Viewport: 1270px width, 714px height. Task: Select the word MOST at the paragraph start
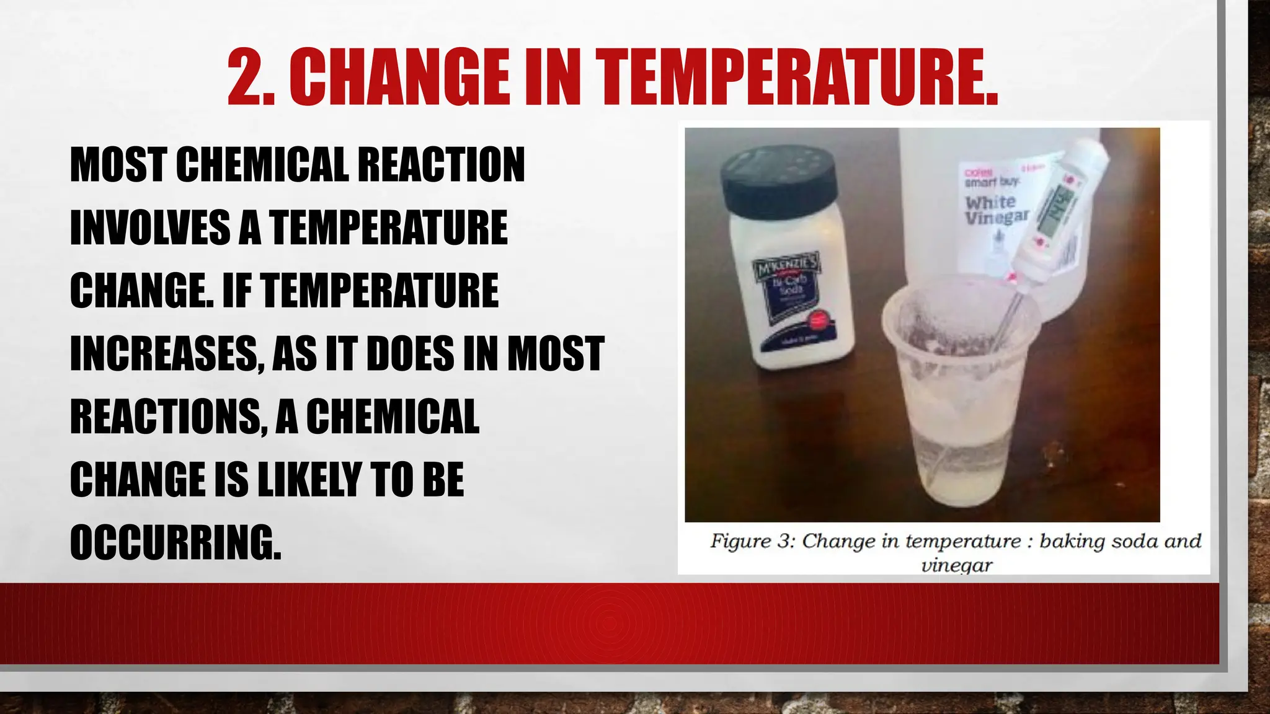[117, 165]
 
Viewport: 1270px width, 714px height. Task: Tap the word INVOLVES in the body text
[149, 228]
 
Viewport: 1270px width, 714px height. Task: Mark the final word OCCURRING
[175, 542]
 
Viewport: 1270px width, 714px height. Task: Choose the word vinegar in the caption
[957, 565]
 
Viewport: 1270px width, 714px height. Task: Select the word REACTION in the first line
[442, 165]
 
